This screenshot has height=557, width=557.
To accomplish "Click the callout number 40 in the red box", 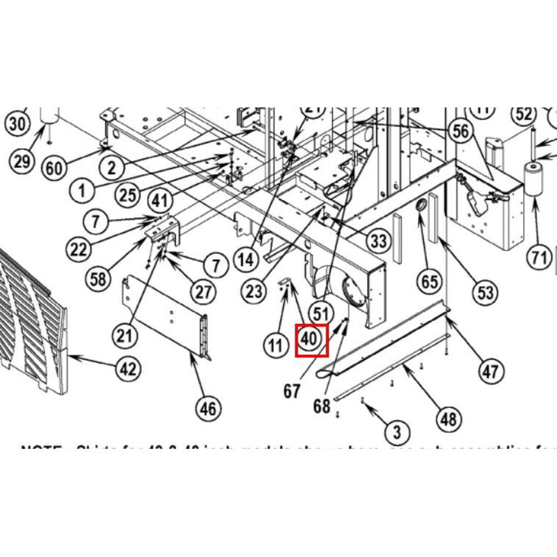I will coord(311,339).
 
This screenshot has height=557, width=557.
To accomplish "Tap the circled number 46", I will coord(208,409).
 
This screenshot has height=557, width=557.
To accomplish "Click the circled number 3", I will coord(397,431).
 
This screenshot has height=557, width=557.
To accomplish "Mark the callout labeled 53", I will coord(486,291).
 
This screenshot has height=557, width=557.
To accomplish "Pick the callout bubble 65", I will coord(429,281).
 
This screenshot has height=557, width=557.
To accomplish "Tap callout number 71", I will coord(538,257).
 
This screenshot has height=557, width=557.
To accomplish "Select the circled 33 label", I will coord(378,241).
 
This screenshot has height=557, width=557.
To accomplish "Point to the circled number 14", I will coord(246,258).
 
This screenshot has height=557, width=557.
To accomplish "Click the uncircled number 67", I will coord(292,391).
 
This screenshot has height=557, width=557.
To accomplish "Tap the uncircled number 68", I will coord(321,406).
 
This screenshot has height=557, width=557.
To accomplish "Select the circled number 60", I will coord(54,167).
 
